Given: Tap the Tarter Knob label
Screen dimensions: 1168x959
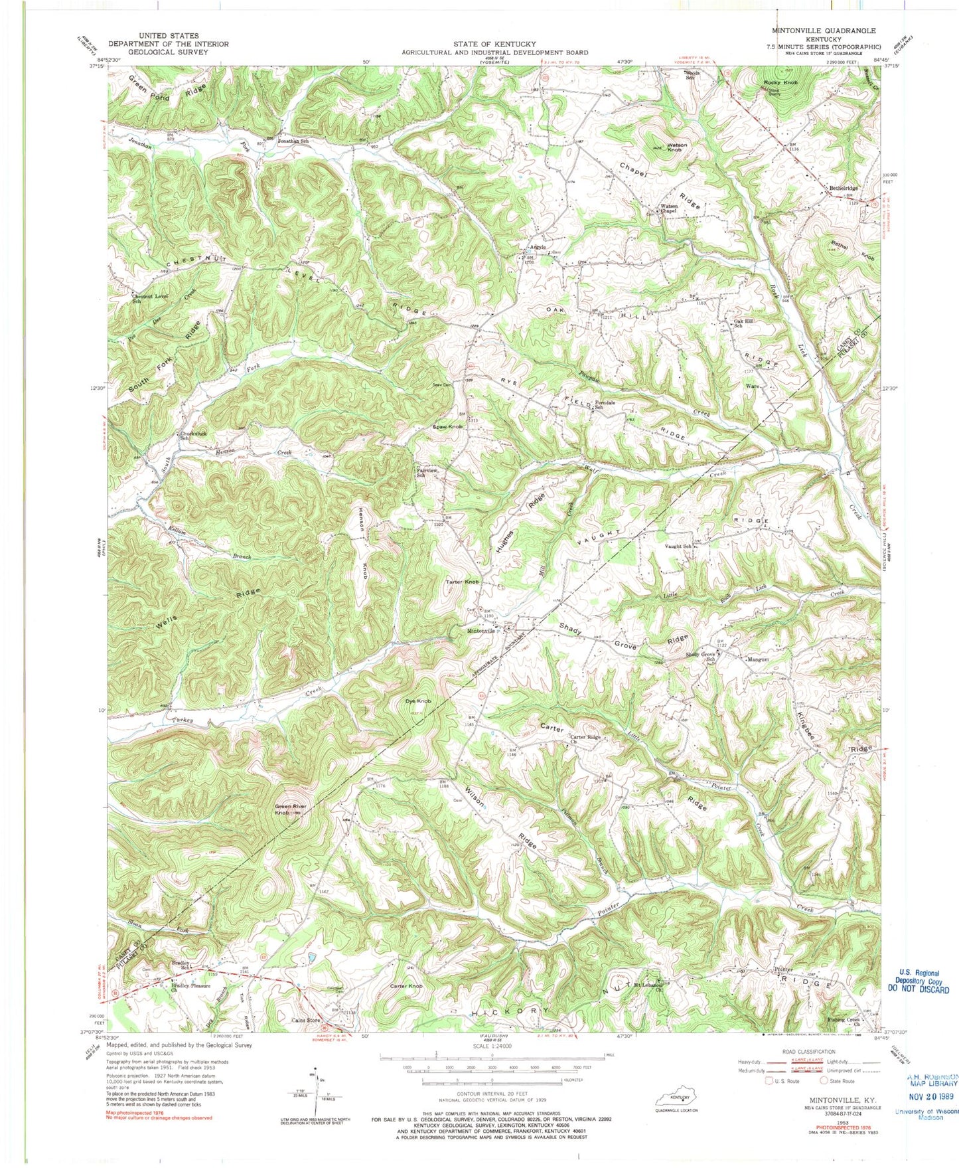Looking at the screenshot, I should point(462,582).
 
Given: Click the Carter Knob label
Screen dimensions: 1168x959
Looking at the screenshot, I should point(406,986).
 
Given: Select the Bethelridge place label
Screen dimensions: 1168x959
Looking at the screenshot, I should point(844,188).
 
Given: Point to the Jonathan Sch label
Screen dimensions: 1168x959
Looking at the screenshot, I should point(293,141).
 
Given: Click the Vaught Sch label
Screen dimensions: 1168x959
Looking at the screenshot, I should point(678,546).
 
